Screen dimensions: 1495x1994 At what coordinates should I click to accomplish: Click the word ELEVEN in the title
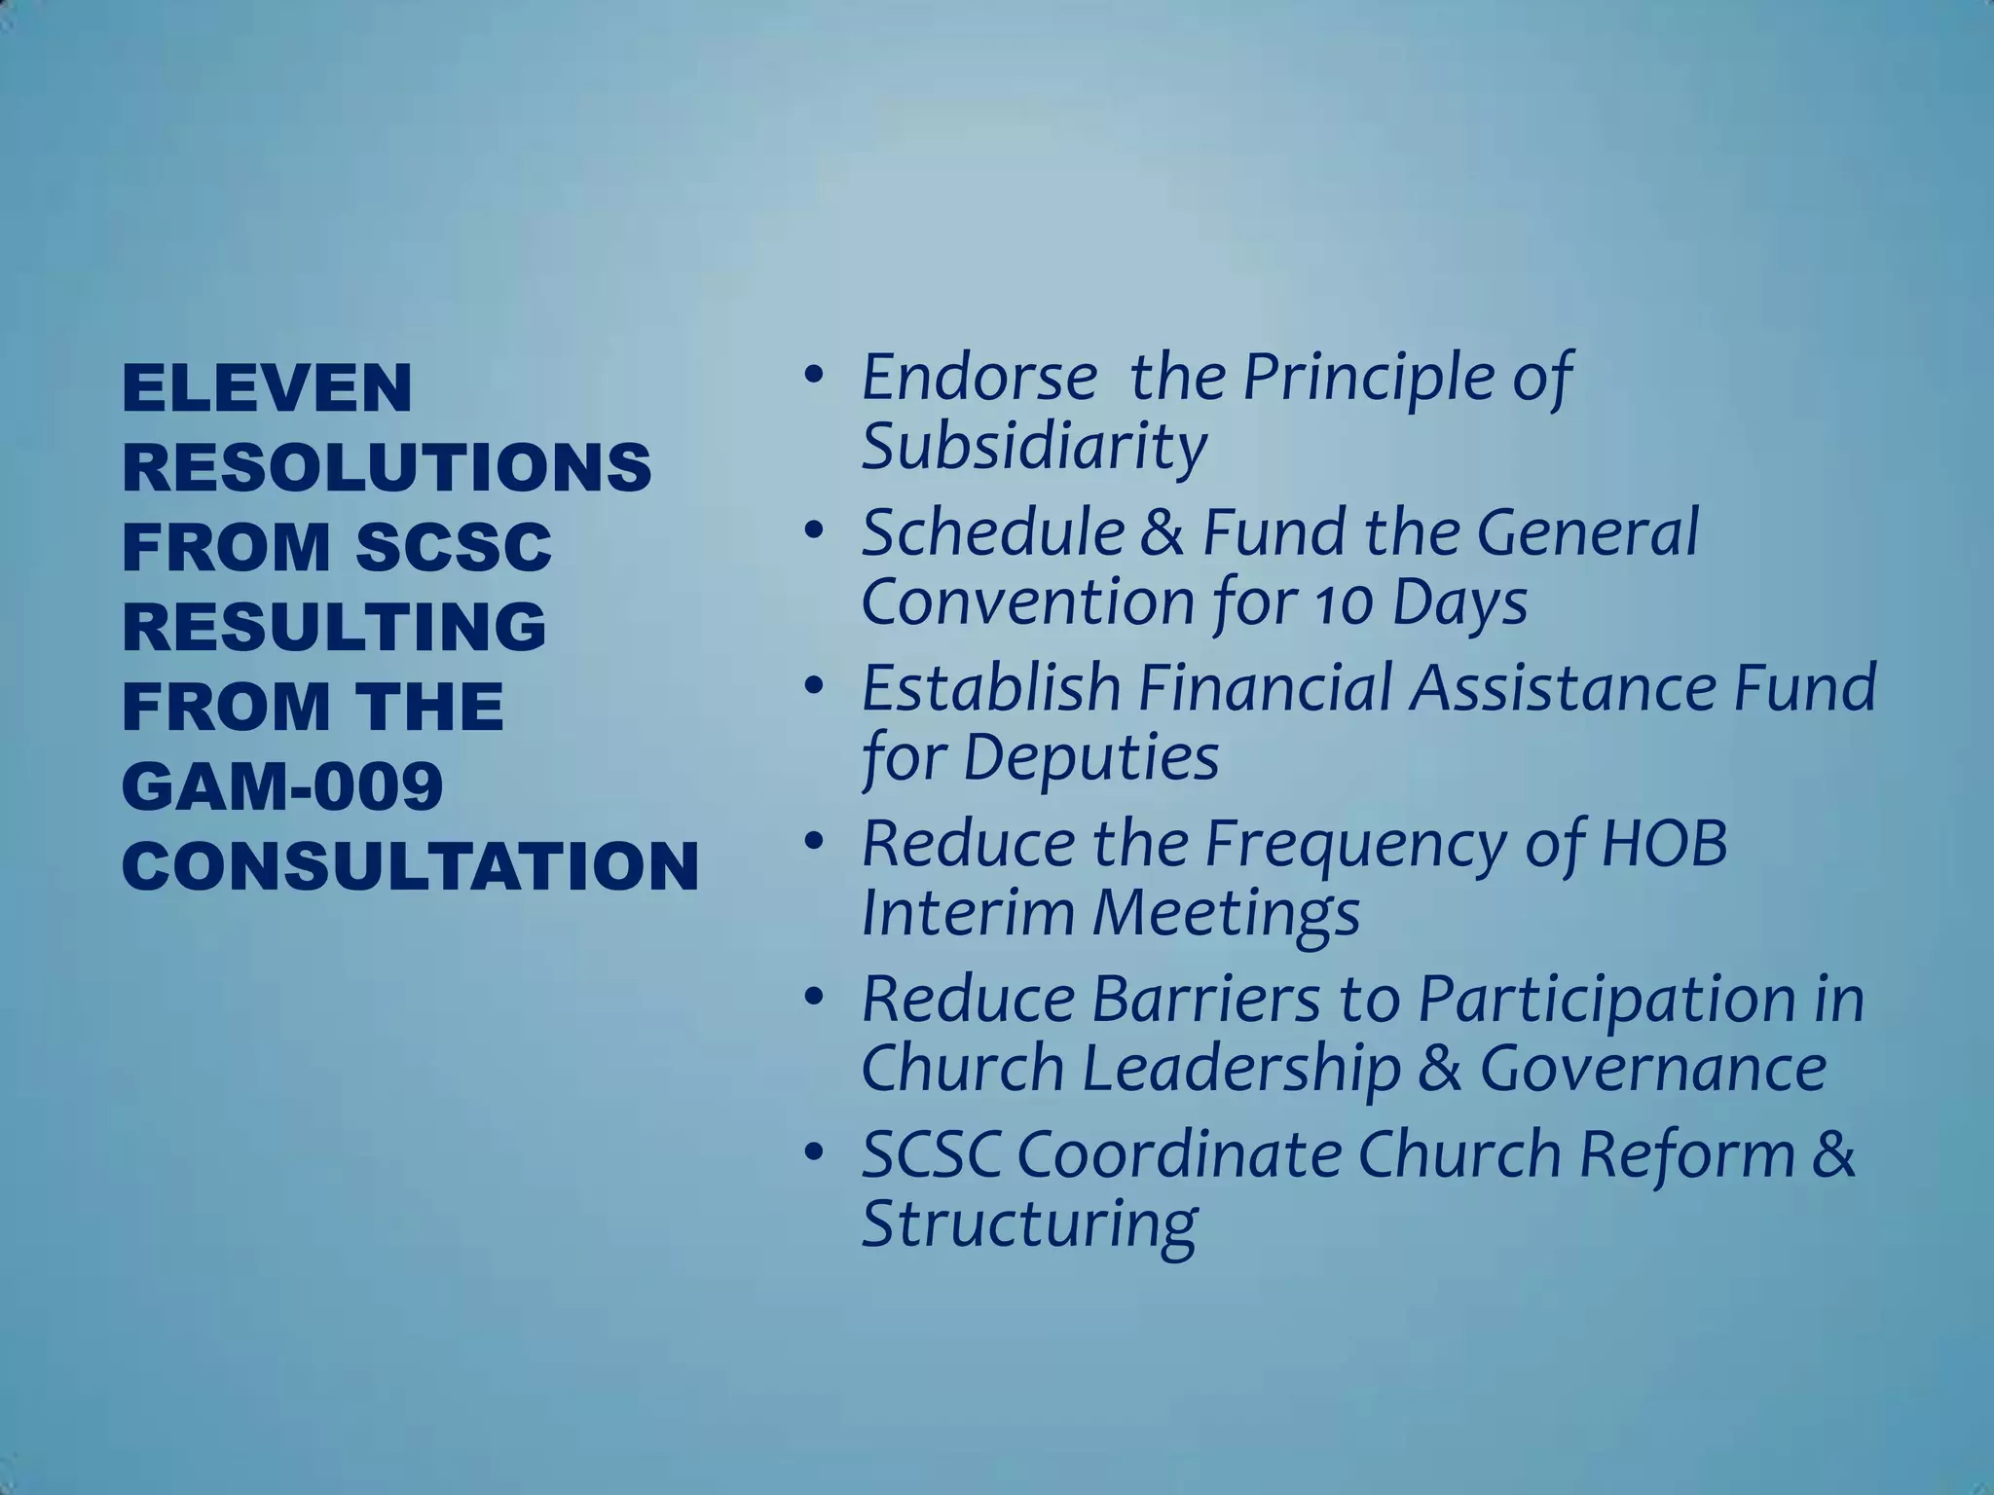pos(267,387)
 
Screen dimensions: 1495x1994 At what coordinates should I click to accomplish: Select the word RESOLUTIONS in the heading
pos(387,467)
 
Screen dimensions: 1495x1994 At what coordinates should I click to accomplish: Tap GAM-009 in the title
pos(282,786)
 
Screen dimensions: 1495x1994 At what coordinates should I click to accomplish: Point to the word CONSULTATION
pos(410,866)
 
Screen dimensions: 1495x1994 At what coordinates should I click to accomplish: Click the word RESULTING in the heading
pos(334,627)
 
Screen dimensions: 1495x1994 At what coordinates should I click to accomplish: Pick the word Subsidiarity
pos(1034,447)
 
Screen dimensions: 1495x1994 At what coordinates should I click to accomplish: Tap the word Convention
pos(1026,602)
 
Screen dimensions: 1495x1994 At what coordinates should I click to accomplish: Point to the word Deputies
pos(1090,758)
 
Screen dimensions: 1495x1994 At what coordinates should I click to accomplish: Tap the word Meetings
pos(1226,914)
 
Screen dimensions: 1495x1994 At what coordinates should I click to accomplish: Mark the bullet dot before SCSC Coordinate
pos(813,1153)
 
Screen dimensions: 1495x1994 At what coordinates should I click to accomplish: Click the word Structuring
pos(1028,1224)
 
